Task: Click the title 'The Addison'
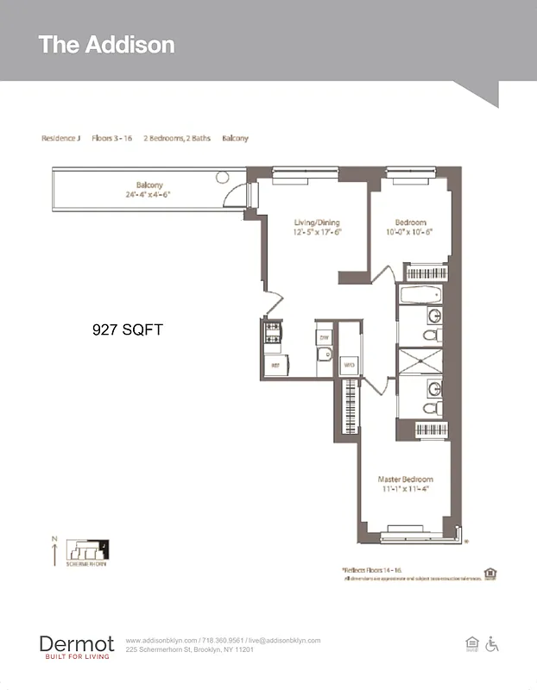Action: click(106, 45)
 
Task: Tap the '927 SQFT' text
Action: click(126, 329)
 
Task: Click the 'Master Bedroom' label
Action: click(405, 480)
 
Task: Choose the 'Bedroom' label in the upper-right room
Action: click(411, 223)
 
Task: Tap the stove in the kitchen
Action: click(273, 332)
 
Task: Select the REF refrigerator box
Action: click(275, 366)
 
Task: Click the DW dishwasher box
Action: click(324, 337)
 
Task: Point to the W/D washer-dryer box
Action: click(349, 366)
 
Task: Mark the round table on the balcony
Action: click(222, 177)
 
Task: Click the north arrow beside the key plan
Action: click(54, 552)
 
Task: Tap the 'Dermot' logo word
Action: click(76, 643)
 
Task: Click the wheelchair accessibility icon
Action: click(492, 643)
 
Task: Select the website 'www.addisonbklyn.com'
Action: click(161, 641)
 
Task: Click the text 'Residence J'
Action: click(60, 139)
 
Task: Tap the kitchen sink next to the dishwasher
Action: click(324, 354)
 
